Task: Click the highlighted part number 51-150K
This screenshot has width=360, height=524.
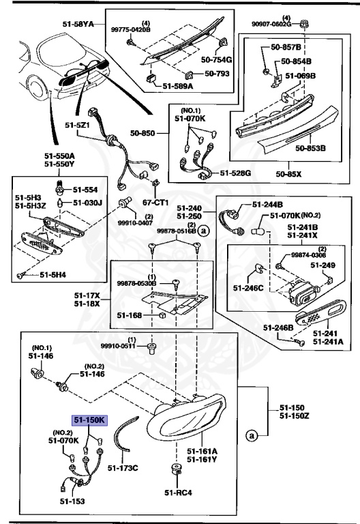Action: tap(89, 421)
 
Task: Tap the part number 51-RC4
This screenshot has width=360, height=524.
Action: tap(177, 492)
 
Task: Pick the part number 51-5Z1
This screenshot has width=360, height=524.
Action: tap(79, 125)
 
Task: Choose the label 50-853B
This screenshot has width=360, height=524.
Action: tap(310, 147)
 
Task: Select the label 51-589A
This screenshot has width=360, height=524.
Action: tap(179, 87)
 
